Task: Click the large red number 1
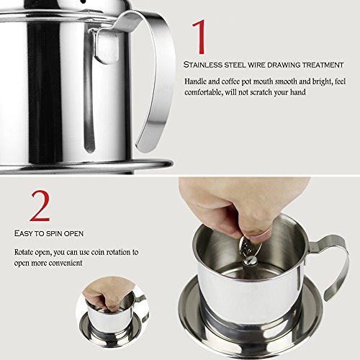tap(199, 37)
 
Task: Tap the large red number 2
tap(40, 206)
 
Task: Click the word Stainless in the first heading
tap(203, 65)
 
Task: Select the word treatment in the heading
tap(323, 65)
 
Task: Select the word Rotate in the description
tap(24, 252)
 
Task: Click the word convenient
tap(65, 263)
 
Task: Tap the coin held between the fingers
tap(247, 247)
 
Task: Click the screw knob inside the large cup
tap(250, 261)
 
